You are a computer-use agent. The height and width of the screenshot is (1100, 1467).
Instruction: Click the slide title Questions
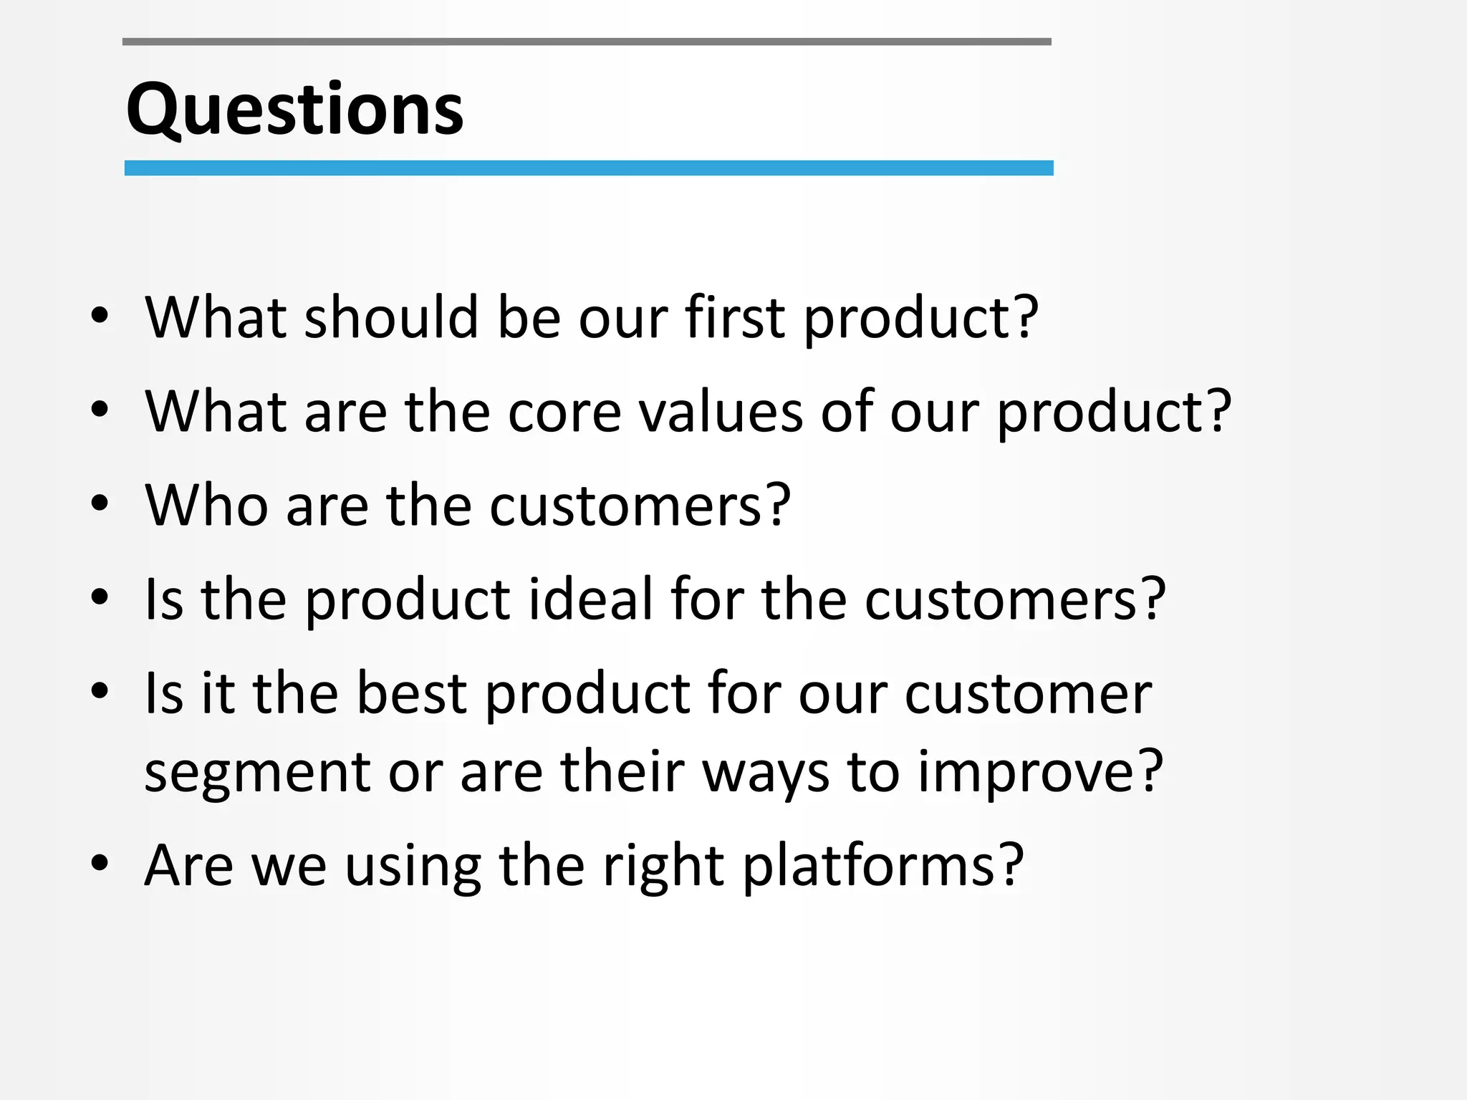(x=294, y=109)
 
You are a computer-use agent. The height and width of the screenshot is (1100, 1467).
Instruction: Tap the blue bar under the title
(x=588, y=168)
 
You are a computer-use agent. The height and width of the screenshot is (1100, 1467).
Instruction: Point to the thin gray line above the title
(x=586, y=42)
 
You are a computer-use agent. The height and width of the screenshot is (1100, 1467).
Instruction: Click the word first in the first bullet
(x=734, y=317)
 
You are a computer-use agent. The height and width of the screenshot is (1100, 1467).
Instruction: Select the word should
(x=391, y=317)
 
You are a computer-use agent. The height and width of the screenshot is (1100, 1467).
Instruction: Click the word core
(x=564, y=412)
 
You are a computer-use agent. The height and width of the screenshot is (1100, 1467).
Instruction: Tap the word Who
(x=206, y=506)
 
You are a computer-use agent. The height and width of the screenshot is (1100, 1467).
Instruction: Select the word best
(x=411, y=693)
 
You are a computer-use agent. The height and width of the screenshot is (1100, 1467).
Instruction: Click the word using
(x=413, y=866)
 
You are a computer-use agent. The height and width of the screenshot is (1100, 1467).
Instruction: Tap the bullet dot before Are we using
(x=100, y=864)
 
